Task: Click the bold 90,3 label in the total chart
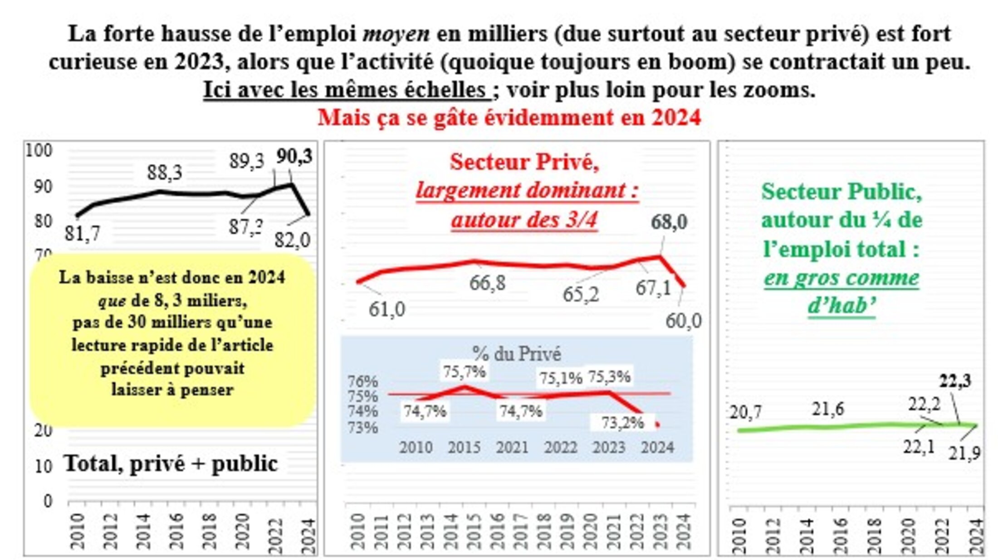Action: pos(294,157)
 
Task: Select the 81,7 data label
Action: pos(82,233)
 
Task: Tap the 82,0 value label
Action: pos(292,240)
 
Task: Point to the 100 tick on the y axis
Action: pos(39,150)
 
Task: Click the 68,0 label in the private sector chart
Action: pos(669,222)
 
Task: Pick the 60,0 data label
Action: pos(683,321)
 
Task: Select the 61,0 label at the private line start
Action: pos(386,309)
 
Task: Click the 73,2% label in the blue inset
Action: pos(622,423)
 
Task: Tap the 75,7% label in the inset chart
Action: pos(464,372)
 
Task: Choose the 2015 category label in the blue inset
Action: pos(464,448)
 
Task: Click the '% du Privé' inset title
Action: pos(516,354)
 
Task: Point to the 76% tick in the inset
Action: pos(362,381)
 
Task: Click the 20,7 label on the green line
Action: pos(745,412)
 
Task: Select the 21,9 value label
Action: pos(964,453)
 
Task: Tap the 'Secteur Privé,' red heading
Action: pos(524,162)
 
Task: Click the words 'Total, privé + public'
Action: pos(171,463)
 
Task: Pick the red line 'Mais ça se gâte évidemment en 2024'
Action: pos(509,118)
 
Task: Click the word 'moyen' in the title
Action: pos(396,34)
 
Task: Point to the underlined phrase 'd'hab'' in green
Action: pos(841,306)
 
